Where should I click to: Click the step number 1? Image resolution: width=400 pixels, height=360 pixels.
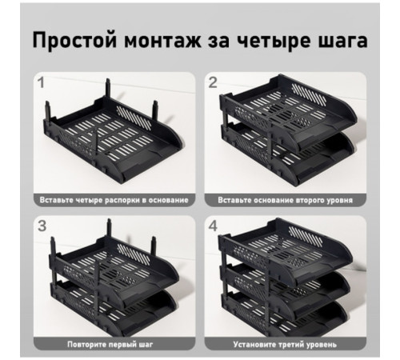click(40, 81)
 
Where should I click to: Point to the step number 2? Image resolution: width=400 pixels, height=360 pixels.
click(212, 81)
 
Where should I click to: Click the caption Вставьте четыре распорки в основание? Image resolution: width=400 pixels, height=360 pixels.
click(114, 198)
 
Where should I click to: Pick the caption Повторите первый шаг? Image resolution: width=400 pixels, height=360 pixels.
click(114, 344)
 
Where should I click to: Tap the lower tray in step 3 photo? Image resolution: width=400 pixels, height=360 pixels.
click(116, 308)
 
